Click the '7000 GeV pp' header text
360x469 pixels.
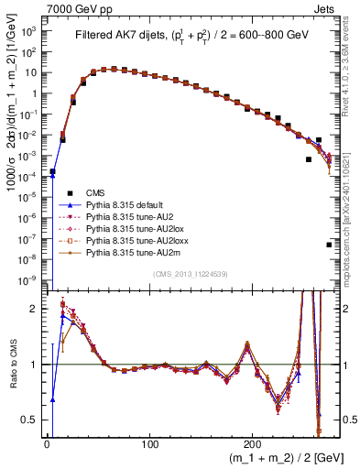tap(73, 7)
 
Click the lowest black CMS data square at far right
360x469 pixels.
tap(329, 245)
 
